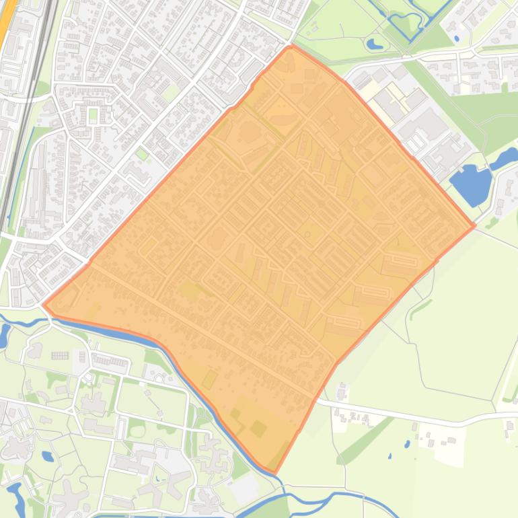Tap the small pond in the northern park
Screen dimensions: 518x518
(374, 44)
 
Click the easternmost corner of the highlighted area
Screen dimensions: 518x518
(475, 226)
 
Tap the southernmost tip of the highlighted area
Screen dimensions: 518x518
(274, 472)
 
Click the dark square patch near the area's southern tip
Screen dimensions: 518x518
(258, 428)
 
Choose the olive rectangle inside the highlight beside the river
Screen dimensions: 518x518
(209, 379)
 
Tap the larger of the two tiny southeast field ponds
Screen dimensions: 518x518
(407, 444)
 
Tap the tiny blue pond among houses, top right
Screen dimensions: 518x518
(457, 38)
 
